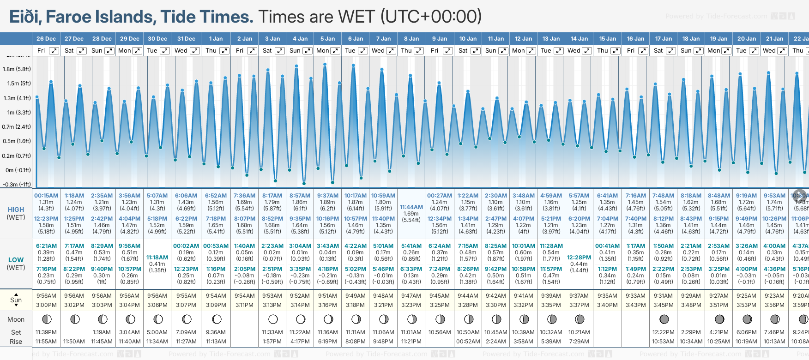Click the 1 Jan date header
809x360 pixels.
[x=216, y=39]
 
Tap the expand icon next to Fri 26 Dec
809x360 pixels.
[x=54, y=51]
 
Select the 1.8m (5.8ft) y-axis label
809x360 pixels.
[x=17, y=69]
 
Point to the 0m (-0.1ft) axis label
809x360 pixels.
[x=18, y=170]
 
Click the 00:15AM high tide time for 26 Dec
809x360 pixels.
[x=46, y=196]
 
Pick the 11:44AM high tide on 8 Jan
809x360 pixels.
[x=411, y=207]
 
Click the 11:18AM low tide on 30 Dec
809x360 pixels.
[x=157, y=258]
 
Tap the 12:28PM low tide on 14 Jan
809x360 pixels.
[x=579, y=258]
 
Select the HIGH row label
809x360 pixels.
[x=16, y=210]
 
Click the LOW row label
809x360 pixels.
[x=16, y=260]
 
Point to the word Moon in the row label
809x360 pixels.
[x=16, y=319]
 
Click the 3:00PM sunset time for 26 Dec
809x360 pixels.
[x=46, y=305]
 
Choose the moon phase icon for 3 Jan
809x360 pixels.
[x=273, y=319]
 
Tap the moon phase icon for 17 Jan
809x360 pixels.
[x=664, y=319]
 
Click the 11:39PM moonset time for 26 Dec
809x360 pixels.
[x=46, y=332]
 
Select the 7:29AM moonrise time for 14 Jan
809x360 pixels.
[x=579, y=342]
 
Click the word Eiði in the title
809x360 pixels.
[x=25, y=17]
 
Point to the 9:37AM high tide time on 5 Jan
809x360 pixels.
[x=327, y=196]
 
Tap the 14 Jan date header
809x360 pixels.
[x=579, y=39]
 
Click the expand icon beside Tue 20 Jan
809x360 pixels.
[x=754, y=51]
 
